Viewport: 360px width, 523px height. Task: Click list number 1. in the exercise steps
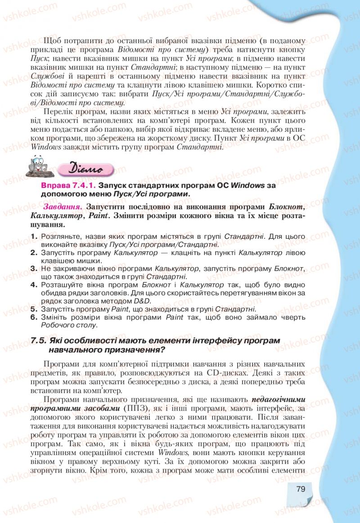click(34, 236)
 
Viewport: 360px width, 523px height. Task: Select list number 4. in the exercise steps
click(34, 285)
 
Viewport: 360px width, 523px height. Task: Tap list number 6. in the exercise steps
click(34, 317)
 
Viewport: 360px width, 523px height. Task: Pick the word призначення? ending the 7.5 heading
click(135, 349)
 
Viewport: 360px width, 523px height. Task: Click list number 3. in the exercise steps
click(34, 268)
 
